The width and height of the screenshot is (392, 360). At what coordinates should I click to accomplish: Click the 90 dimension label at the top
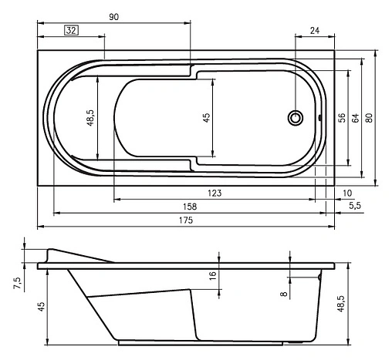114,16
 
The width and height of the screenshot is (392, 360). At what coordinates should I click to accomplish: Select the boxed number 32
71,31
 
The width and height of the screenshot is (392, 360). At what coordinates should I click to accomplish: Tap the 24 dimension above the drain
315,31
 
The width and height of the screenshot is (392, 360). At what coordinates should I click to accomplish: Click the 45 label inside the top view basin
206,117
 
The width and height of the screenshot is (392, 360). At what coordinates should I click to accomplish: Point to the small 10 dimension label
347,193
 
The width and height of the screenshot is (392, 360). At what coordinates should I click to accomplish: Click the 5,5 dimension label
357,207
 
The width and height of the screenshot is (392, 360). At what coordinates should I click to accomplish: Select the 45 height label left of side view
42,307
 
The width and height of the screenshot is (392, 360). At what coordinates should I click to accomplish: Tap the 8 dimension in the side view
284,294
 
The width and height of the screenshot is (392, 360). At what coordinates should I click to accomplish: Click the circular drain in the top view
295,118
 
